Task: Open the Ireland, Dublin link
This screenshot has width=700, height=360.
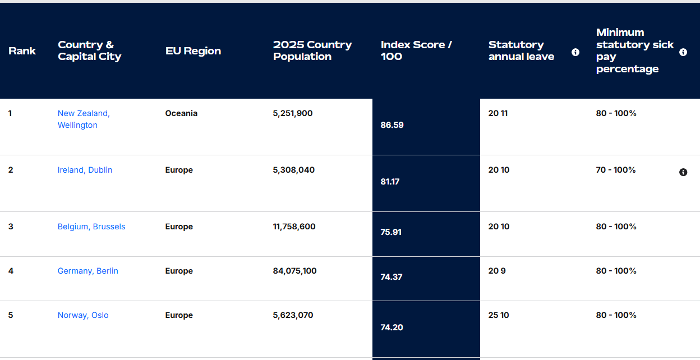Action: click(85, 170)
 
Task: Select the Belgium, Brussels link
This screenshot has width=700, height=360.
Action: click(91, 227)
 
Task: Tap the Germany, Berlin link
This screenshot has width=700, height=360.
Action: click(87, 271)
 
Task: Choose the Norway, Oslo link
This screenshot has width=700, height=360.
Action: click(83, 315)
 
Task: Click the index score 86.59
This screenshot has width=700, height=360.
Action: click(392, 125)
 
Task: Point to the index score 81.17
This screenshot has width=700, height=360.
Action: click(390, 182)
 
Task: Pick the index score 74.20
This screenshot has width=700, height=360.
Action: click(392, 327)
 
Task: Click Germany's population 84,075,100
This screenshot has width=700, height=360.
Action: click(294, 271)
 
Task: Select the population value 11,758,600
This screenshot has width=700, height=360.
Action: click(294, 227)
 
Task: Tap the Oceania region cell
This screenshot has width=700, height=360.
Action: click(181, 113)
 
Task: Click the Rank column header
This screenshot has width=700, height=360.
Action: click(22, 51)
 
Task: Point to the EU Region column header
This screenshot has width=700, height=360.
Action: click(193, 51)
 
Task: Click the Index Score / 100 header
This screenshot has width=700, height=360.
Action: click(416, 50)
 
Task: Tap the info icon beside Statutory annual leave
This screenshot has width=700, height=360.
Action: click(575, 52)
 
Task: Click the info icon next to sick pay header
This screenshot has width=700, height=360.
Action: click(683, 52)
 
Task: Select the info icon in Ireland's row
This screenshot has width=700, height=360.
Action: click(683, 172)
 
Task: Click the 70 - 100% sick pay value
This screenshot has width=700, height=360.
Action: click(616, 170)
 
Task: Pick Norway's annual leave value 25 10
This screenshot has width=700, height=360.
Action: click(499, 315)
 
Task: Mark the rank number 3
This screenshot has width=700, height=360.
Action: click(11, 227)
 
